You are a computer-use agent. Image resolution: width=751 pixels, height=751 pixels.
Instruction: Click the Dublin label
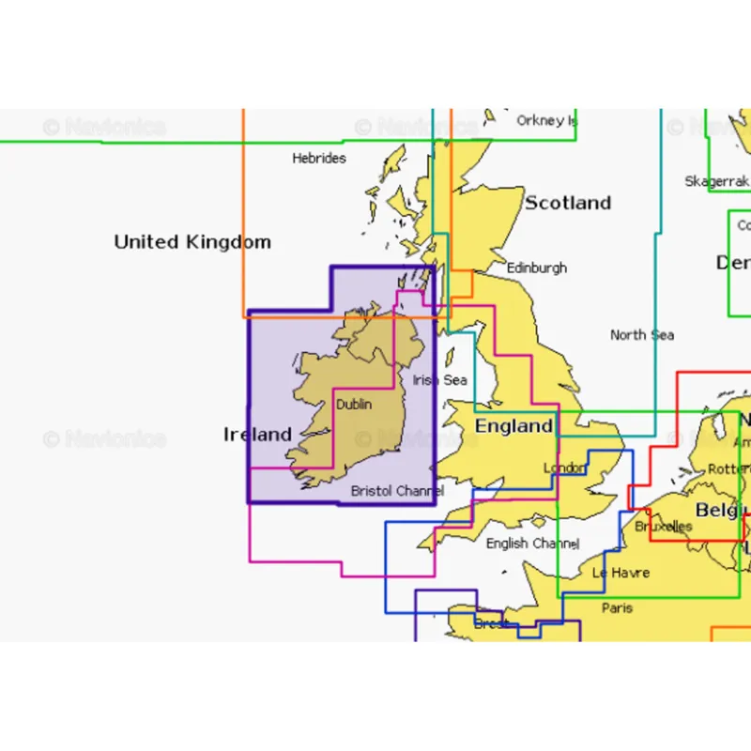354,405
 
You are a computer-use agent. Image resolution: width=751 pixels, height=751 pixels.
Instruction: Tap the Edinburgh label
537,268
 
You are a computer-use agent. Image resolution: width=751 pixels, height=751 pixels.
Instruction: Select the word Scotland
567,203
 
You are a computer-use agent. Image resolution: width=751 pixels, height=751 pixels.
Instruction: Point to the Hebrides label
319,159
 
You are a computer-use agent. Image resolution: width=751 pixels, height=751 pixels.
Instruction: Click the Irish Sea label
439,380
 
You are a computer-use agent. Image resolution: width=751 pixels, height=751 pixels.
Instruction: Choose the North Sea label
642,335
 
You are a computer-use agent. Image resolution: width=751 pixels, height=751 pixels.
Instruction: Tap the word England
513,426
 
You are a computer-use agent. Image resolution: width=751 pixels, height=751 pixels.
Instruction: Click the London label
564,467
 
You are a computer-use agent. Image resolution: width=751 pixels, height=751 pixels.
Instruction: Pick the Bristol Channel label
397,491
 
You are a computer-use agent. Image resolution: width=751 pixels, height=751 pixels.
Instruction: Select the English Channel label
532,544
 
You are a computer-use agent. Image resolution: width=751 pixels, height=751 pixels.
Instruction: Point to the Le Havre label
621,573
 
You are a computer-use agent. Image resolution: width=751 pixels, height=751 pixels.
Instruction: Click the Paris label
617,608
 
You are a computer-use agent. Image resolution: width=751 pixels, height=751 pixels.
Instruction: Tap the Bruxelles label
663,527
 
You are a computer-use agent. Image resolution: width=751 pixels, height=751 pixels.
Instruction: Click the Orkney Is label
545,120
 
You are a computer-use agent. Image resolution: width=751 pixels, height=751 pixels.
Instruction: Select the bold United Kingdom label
192,242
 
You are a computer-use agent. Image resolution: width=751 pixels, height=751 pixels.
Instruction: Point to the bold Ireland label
257,434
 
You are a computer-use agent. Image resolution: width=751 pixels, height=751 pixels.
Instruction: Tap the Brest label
490,623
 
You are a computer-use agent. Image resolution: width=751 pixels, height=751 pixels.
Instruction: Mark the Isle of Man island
450,358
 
